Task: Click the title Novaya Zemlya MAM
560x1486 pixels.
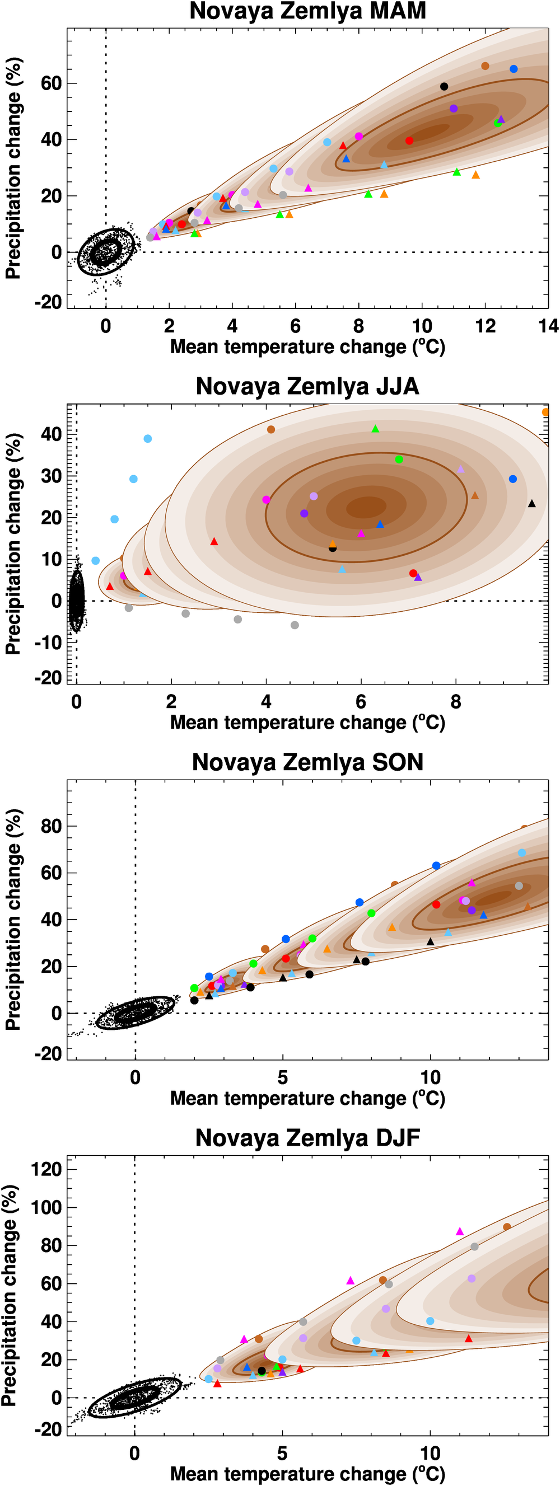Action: coord(307,12)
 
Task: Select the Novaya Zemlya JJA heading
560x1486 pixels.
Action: coord(307,387)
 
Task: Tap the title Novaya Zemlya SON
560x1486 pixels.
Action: coord(307,762)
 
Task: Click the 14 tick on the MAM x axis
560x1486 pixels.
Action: coord(548,326)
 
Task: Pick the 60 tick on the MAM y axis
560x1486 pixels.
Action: coord(51,83)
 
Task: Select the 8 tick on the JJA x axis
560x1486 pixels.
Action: coord(456,702)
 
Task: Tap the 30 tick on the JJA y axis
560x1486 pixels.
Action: coord(51,476)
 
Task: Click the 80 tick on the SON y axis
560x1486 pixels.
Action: coord(51,827)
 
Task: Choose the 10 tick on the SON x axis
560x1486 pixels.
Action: coord(430,1077)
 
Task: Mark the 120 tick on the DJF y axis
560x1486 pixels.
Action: coord(46,1170)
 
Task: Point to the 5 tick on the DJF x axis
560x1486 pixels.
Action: coord(282,1453)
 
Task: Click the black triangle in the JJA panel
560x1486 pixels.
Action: coord(531,504)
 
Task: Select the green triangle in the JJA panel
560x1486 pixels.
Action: coord(375,429)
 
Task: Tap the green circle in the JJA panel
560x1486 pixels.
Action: coord(399,459)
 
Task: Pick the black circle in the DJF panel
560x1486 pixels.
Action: coord(262,1371)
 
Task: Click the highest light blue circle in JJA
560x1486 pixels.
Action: coord(148,439)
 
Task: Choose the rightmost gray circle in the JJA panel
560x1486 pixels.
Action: coord(295,625)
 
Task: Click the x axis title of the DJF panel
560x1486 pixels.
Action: coord(307,1473)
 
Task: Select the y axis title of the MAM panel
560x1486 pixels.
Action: coord(13,168)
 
